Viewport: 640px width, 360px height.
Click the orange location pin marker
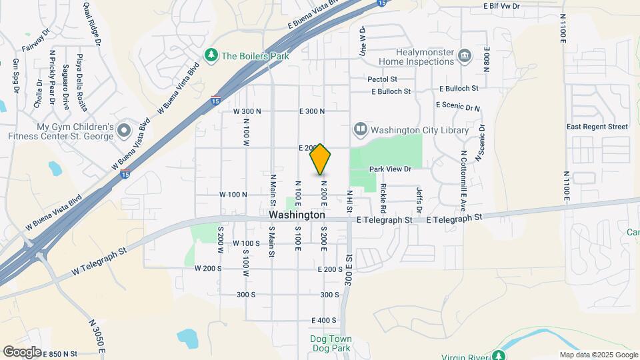pyautogui.click(x=321, y=160)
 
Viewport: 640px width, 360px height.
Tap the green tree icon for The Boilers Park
pyautogui.click(x=211, y=55)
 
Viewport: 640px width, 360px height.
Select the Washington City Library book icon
pyautogui.click(x=361, y=129)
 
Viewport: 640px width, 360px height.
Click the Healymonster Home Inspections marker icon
pyautogui.click(x=465, y=56)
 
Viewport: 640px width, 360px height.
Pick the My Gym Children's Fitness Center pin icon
pyautogui.click(x=123, y=129)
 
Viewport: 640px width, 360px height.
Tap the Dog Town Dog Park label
pyautogui.click(x=331, y=343)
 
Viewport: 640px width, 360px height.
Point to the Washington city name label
pyautogui.click(x=297, y=215)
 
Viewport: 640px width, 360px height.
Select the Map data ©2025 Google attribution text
pyautogui.click(x=598, y=355)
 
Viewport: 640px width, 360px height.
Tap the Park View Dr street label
pyautogui.click(x=392, y=170)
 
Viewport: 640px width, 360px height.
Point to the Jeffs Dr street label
pyautogui.click(x=419, y=199)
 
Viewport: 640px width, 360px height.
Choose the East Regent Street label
pyautogui.click(x=597, y=127)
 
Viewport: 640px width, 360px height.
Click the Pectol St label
pyautogui.click(x=383, y=79)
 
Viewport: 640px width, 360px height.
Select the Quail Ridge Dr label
pyautogui.click(x=93, y=23)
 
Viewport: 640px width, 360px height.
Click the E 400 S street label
pyautogui.click(x=324, y=321)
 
